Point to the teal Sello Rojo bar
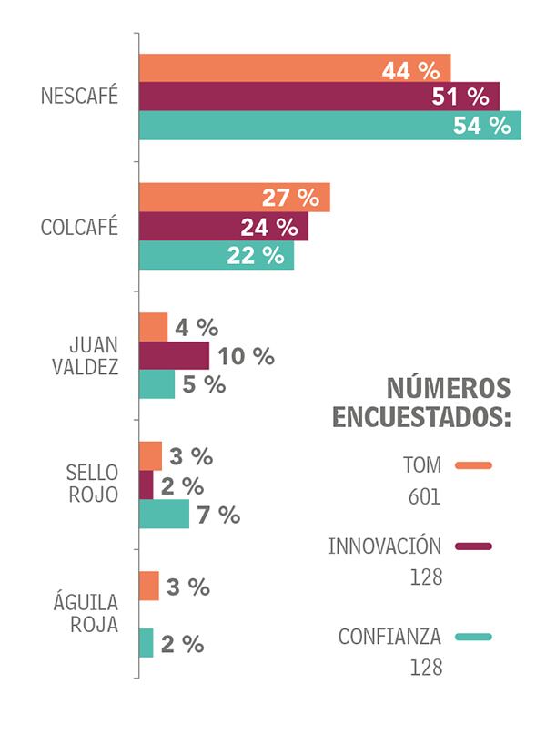coord(164,514)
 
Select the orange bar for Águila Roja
coord(149,587)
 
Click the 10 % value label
coord(246,356)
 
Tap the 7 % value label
coord(218,515)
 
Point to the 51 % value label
coord(465,97)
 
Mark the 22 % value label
coord(256,255)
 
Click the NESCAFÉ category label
coord(80,97)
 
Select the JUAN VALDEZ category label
coord(94,356)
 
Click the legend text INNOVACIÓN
coord(384,546)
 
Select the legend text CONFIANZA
coord(389,636)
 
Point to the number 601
coord(424,497)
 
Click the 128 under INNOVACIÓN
coord(425,577)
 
